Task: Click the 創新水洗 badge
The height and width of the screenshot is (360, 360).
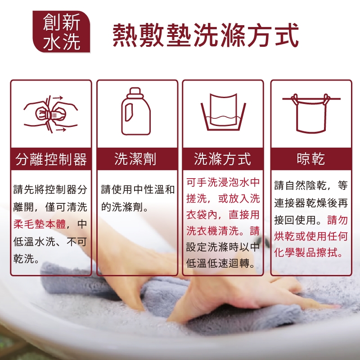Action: [x=61, y=31]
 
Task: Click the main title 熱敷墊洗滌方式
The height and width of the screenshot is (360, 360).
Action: [x=206, y=35]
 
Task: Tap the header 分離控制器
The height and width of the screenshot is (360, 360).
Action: [x=51, y=159]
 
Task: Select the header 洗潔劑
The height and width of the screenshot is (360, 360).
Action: [x=135, y=159]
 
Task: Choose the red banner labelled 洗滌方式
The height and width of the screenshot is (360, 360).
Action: [x=223, y=159]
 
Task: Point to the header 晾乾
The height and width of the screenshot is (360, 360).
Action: [x=311, y=159]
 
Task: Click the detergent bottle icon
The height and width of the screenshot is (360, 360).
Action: [x=136, y=111]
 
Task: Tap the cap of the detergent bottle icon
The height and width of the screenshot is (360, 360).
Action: [x=135, y=91]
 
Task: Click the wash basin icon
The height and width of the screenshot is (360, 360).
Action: [x=223, y=112]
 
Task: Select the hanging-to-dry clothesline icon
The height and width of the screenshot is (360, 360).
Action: [x=311, y=113]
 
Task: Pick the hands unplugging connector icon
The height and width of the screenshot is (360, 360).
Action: [x=51, y=114]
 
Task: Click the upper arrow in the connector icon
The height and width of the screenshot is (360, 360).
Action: [x=58, y=98]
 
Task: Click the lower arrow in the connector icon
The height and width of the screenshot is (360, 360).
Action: [x=61, y=130]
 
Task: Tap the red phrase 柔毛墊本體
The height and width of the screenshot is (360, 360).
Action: [x=40, y=224]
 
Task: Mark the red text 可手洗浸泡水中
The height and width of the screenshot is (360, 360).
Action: [x=223, y=182]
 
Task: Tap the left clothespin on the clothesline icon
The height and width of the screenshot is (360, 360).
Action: [x=295, y=99]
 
